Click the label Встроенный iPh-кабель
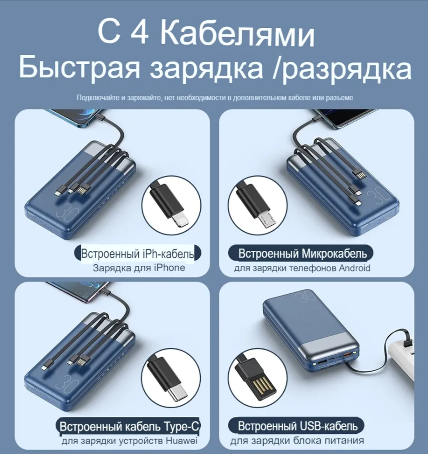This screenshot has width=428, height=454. [137, 254]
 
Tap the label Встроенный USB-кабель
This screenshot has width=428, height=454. [297, 427]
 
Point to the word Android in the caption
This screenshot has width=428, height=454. [354, 269]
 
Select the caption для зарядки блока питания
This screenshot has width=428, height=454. [297, 441]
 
